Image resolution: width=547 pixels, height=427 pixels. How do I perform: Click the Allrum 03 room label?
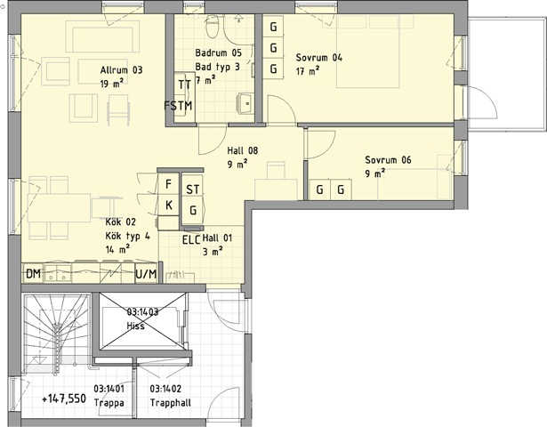click(x=121, y=70)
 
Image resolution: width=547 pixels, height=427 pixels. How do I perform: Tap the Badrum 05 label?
click(x=219, y=53)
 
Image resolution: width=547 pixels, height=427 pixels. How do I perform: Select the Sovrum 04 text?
click(x=319, y=58)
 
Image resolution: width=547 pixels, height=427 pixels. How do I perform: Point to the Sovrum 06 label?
click(x=389, y=160)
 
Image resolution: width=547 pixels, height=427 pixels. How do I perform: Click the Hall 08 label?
click(x=243, y=150)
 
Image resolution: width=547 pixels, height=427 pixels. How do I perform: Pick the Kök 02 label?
click(x=121, y=222)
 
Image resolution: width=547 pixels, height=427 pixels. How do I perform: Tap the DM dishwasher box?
click(x=34, y=274)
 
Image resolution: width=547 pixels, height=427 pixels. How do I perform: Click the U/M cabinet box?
click(x=146, y=274)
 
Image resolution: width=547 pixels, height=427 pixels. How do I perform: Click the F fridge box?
click(x=168, y=184)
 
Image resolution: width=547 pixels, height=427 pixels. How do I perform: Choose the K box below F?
click(x=168, y=205)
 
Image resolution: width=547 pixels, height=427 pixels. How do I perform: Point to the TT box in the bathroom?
click(x=184, y=84)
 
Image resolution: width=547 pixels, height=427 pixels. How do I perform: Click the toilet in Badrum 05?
click(x=213, y=27)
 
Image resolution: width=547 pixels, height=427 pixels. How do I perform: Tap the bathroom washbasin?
click(x=245, y=103)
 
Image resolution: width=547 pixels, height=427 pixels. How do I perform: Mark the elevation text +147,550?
click(x=64, y=399)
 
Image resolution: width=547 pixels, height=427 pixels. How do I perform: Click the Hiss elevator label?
click(x=136, y=326)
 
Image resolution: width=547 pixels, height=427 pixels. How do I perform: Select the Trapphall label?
click(x=171, y=403)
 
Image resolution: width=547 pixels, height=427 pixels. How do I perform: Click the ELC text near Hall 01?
click(x=191, y=240)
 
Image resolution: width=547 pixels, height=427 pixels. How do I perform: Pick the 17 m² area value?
click(x=308, y=71)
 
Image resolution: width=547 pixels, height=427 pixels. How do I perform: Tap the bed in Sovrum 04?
click(x=367, y=52)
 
